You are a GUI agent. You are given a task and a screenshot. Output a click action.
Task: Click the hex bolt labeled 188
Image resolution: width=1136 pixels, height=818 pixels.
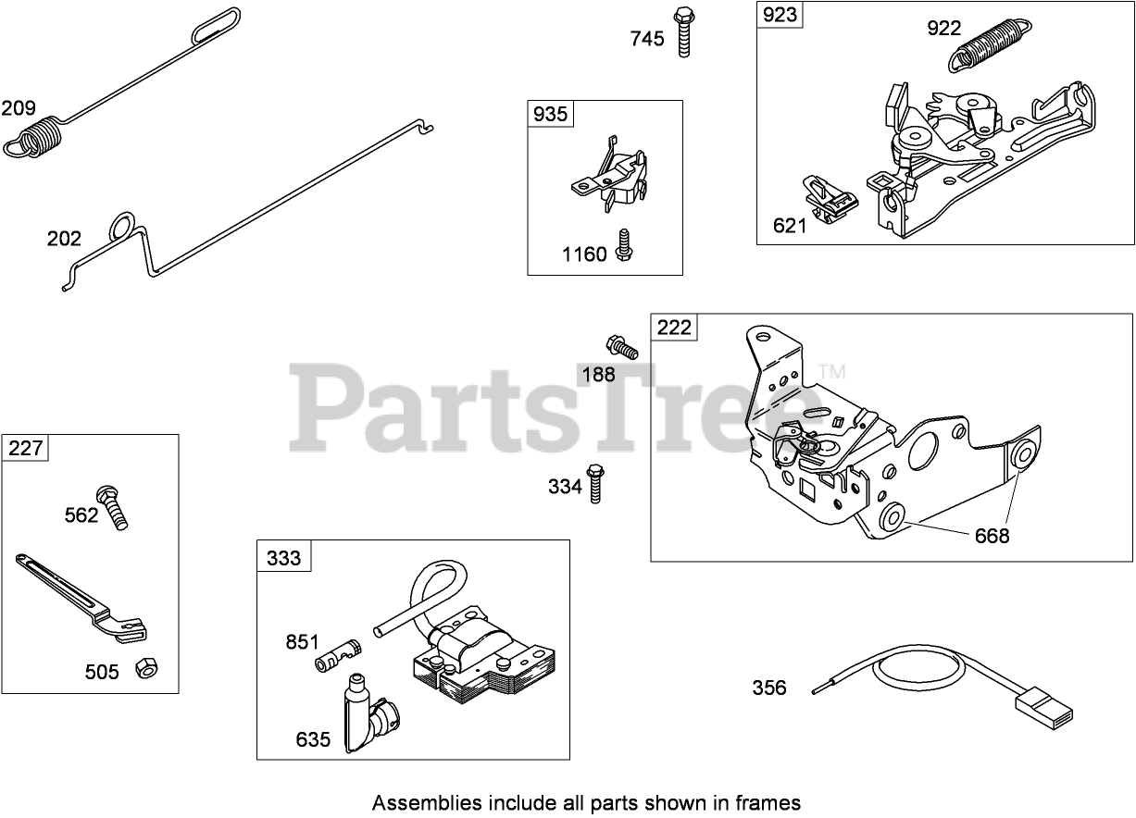[x=621, y=347]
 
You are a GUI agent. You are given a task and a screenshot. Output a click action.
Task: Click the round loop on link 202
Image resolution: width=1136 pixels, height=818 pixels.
[x=121, y=228]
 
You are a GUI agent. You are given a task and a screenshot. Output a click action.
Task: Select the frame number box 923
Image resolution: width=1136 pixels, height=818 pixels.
[x=780, y=16]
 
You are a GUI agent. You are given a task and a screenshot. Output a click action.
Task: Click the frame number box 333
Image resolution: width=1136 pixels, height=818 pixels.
[x=284, y=557]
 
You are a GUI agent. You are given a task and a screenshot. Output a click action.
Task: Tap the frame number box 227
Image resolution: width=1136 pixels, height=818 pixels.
[x=26, y=449]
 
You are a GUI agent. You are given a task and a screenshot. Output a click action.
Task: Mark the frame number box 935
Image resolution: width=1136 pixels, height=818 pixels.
[x=550, y=114]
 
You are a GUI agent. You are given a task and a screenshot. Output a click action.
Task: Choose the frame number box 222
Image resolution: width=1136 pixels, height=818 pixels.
[x=674, y=328]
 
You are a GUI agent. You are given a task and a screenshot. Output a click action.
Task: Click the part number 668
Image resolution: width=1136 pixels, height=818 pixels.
[x=991, y=536]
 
